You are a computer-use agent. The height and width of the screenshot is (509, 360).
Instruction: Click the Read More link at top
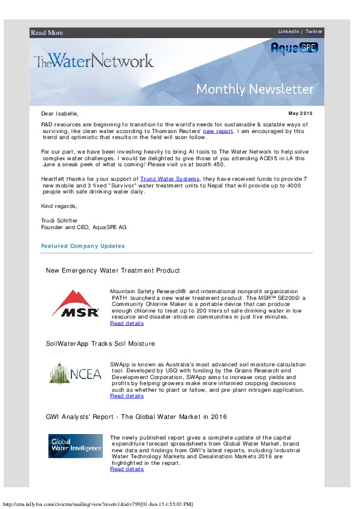pyautogui.click(x=47, y=33)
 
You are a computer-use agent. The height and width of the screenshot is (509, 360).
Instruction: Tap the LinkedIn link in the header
pyautogui.click(x=288, y=31)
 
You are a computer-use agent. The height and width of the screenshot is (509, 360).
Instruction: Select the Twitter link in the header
pyautogui.click(x=314, y=31)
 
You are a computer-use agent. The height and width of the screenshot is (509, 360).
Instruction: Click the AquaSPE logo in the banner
pyautogui.click(x=294, y=48)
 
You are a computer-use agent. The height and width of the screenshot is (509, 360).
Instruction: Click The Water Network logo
pyautogui.click(x=94, y=60)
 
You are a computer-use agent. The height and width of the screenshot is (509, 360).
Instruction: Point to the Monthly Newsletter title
pyautogui.click(x=255, y=89)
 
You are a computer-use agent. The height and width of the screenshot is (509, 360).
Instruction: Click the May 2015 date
pyautogui.click(x=301, y=113)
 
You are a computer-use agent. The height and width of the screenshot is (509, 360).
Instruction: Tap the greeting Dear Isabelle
pyautogui.click(x=59, y=113)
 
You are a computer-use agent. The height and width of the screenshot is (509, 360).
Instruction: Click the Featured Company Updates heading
pyautogui.click(x=83, y=246)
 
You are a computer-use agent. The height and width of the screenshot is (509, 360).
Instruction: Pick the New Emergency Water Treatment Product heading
pyautogui.click(x=113, y=270)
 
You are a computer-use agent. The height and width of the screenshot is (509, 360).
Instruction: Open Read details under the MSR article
pyautogui.click(x=127, y=323)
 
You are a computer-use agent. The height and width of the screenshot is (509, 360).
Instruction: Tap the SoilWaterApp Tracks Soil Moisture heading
pyautogui.click(x=100, y=343)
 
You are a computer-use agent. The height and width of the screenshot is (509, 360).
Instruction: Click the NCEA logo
pyautogui.click(x=76, y=374)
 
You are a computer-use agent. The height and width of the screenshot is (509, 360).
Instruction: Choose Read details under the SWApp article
pyautogui.click(x=127, y=397)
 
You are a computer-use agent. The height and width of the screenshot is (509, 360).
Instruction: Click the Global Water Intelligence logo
pyautogui.click(x=76, y=446)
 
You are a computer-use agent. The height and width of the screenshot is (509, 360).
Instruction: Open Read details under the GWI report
pyautogui.click(x=127, y=469)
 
